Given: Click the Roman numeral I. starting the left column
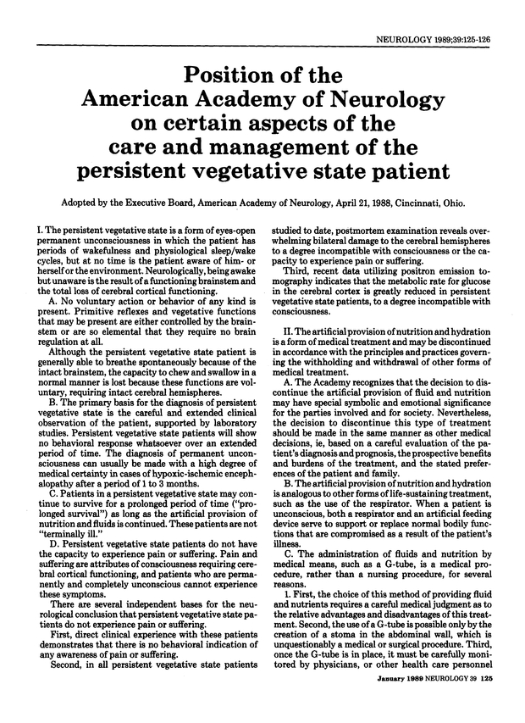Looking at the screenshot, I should coord(30,230).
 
